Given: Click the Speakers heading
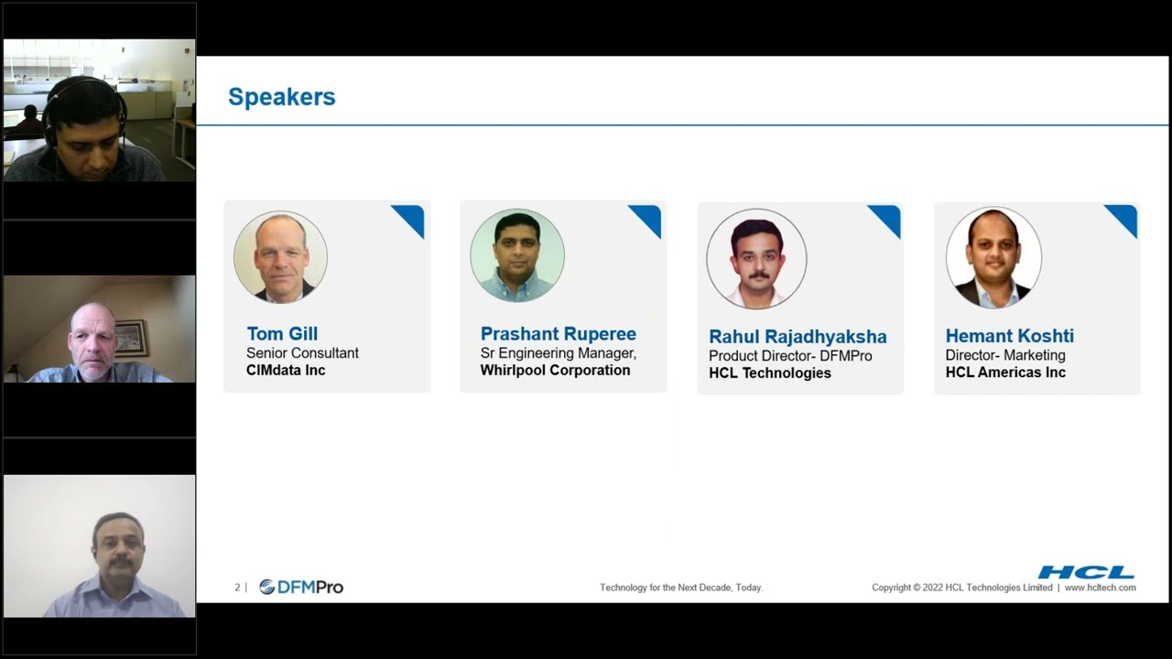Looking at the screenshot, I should point(281,97).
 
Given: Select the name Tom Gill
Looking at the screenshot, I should point(282,333).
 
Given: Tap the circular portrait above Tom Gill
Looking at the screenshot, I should point(280,257).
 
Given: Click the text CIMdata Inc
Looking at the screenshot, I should point(286,370).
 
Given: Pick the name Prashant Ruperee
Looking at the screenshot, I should point(558,333).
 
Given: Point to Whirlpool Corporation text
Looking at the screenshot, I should point(555,370).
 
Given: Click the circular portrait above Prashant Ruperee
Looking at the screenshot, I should point(517,255).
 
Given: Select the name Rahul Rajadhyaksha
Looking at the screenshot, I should point(798,336).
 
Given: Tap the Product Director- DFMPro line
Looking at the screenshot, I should point(790,355).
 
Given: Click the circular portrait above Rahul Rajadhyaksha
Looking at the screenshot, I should point(756,259).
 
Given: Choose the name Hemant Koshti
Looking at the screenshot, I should point(1009,336).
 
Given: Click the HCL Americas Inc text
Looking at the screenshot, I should point(1005,373).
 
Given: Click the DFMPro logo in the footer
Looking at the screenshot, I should point(301,587).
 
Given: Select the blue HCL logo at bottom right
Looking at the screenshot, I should point(1086,573).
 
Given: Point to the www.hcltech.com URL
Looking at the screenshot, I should point(1100,588).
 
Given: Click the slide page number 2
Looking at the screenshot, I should point(237,588).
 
